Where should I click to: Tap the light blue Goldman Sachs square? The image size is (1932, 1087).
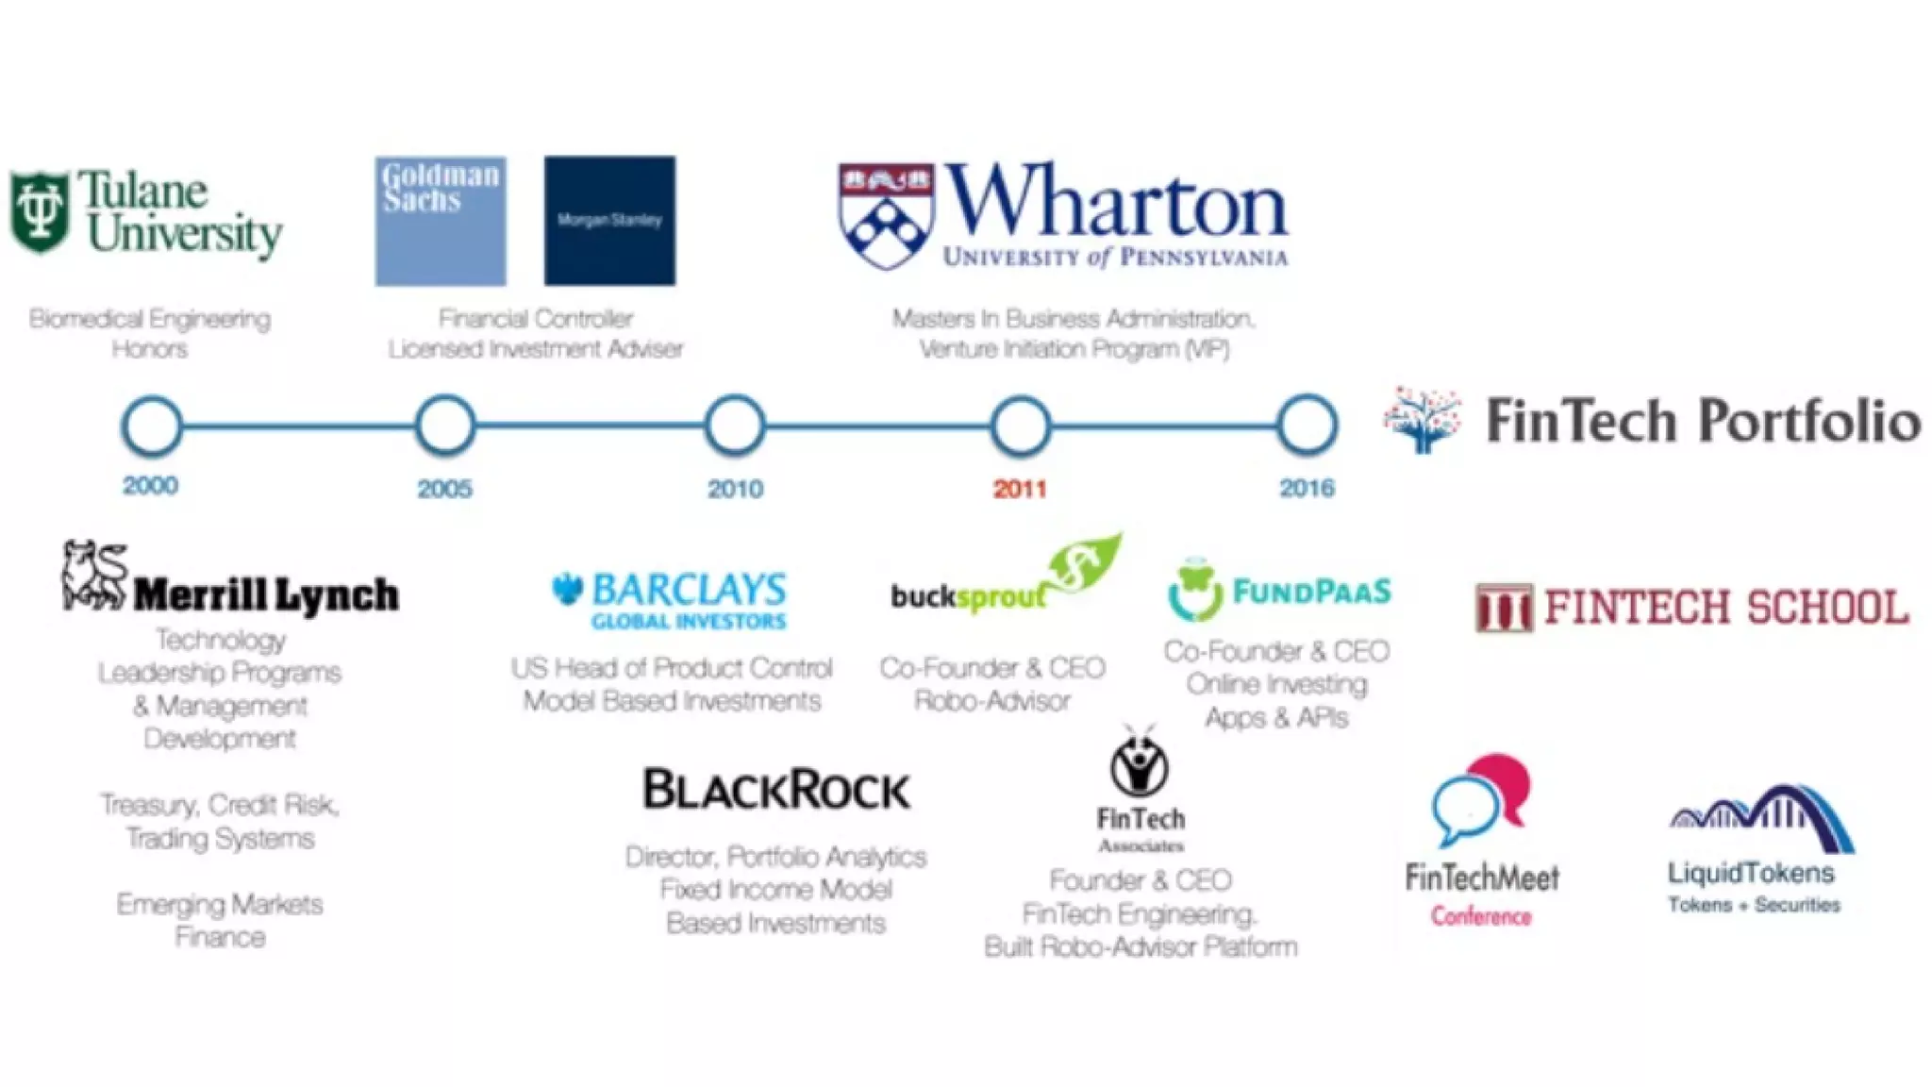[441, 221]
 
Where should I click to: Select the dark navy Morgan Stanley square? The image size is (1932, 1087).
[609, 221]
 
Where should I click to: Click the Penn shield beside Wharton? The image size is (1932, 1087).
[885, 216]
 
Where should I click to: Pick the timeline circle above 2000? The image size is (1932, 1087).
[152, 426]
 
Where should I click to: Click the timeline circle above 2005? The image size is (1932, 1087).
[445, 426]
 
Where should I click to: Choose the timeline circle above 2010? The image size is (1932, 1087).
[735, 426]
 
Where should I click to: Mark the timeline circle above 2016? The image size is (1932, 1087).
[1307, 426]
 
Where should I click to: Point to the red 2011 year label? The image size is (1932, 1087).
[1020, 489]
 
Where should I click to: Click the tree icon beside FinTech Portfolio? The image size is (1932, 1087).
[1423, 420]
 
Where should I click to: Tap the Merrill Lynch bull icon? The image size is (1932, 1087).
[94, 575]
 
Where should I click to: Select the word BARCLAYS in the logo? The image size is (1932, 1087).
[689, 590]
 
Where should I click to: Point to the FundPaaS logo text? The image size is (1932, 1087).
[1311, 592]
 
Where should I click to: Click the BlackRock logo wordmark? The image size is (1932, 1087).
[776, 789]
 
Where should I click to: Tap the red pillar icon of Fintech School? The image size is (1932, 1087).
[1504, 608]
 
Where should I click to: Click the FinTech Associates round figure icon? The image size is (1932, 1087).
[1140, 765]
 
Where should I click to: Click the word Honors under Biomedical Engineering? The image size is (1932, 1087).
[150, 349]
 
